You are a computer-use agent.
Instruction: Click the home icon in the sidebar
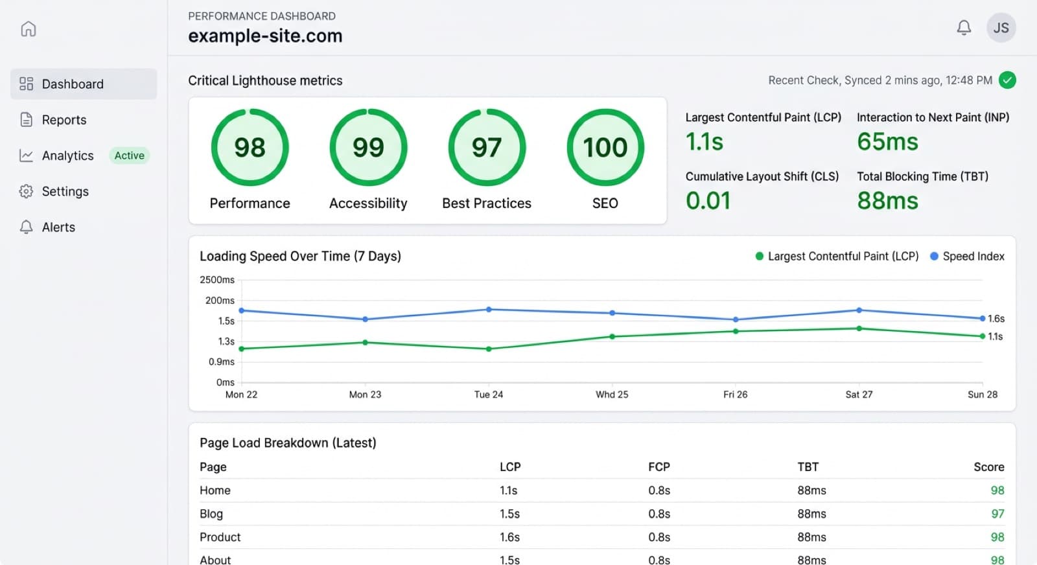[x=29, y=29]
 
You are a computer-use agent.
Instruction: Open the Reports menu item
[x=64, y=120]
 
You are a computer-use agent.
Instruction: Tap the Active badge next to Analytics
[x=129, y=156]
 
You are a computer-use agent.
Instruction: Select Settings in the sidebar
[x=65, y=191]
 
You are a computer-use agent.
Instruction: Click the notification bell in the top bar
[x=964, y=28]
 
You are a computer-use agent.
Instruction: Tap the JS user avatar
[x=1001, y=28]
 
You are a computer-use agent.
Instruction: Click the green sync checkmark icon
[x=1007, y=80]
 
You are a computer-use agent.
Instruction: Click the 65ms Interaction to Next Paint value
[x=887, y=142]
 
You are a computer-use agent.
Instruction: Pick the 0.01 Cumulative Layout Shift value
[x=708, y=201]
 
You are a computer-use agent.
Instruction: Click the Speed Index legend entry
[x=968, y=257]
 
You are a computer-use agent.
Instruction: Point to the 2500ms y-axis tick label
[x=217, y=280]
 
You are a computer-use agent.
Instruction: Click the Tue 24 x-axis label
[x=489, y=395]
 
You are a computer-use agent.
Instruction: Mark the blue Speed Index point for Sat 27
[x=859, y=310]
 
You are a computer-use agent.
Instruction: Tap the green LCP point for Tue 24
[x=489, y=349]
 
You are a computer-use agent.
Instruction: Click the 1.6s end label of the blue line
[x=996, y=319]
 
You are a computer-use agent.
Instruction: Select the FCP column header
[x=658, y=467]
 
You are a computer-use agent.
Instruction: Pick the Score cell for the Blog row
[x=997, y=514]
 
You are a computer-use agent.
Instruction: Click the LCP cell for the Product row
[x=509, y=537]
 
